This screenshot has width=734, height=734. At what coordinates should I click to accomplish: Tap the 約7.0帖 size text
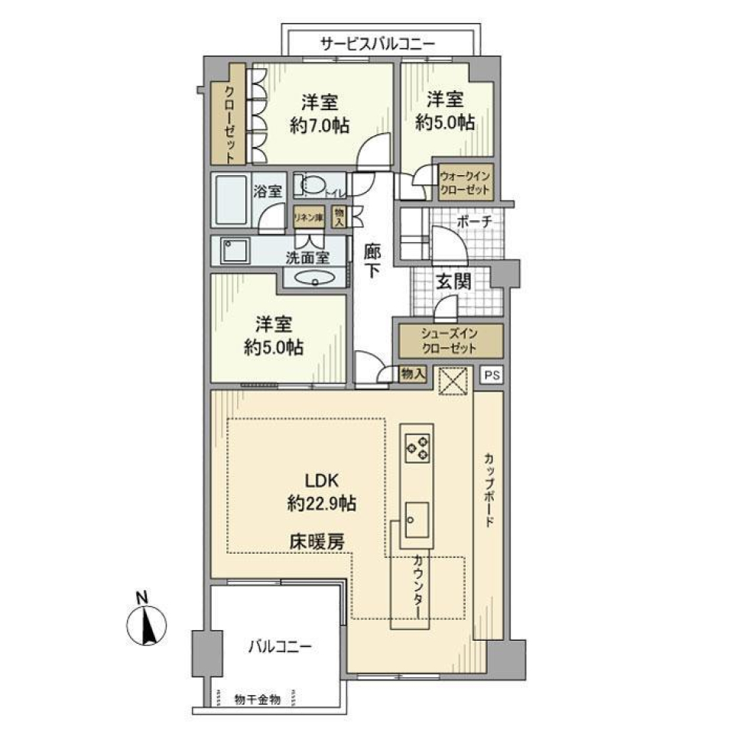click(x=320, y=126)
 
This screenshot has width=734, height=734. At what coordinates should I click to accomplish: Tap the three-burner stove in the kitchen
click(x=417, y=448)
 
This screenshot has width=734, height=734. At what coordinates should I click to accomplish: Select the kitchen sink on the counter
click(x=416, y=520)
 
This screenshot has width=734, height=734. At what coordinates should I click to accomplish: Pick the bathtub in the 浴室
click(x=230, y=200)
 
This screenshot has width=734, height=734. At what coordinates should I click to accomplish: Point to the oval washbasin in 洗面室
click(x=314, y=278)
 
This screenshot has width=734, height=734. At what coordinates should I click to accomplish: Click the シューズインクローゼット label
click(x=448, y=340)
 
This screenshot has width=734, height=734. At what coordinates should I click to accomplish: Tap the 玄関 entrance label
click(x=453, y=281)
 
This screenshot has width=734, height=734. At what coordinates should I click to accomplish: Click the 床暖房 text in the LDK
click(x=316, y=541)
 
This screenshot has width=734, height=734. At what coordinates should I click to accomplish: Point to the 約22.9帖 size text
click(x=321, y=503)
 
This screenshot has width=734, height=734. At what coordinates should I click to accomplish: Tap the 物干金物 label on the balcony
click(x=257, y=699)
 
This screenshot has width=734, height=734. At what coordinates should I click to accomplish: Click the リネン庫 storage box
click(x=309, y=217)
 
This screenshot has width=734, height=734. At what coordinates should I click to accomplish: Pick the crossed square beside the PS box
click(x=451, y=380)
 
